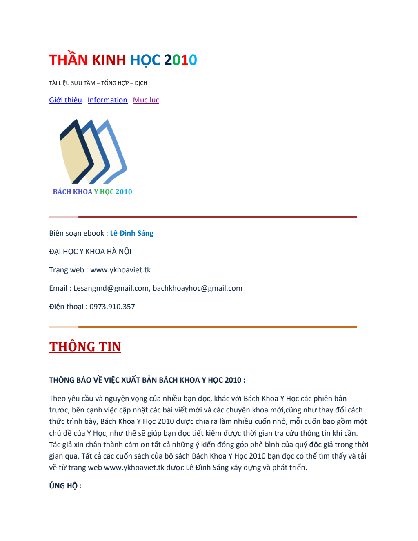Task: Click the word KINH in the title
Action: [109, 60]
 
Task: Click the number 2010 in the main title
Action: [180, 60]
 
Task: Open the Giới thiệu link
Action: [65, 100]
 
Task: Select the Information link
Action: [107, 100]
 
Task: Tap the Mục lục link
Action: [146, 100]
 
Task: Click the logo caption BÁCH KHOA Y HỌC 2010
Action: [92, 191]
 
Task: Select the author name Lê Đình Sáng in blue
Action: [131, 233]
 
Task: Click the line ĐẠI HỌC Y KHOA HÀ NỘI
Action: [90, 252]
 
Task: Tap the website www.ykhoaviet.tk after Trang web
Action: [120, 270]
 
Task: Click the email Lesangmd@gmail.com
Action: [111, 288]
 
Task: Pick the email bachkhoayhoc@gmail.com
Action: [197, 288]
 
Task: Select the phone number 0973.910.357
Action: [112, 307]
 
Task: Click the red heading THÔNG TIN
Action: [85, 347]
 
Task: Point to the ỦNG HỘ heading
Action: [65, 486]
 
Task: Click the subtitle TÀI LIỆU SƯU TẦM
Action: [72, 83]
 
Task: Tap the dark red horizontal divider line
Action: [216, 217]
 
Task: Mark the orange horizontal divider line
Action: [216, 327]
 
